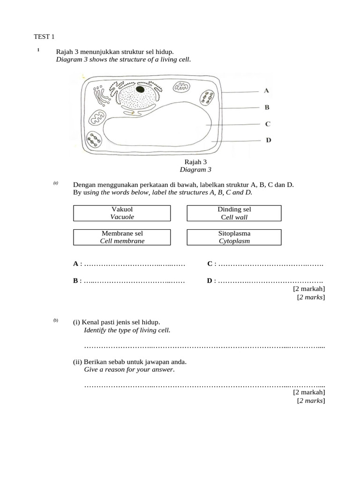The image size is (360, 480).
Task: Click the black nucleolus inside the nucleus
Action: pyautogui.click(x=140, y=89)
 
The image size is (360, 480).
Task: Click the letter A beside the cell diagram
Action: pyautogui.click(x=266, y=90)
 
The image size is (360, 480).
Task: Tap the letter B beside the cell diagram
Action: pyautogui.click(x=267, y=107)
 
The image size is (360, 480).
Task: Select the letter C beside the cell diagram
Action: pyautogui.click(x=267, y=124)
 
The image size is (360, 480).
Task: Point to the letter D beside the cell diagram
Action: pyautogui.click(x=268, y=140)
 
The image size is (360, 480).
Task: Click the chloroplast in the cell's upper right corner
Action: pyautogui.click(x=207, y=98)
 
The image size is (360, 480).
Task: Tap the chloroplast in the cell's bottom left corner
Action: pyautogui.click(x=96, y=140)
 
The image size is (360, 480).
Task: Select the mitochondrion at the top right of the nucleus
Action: pyautogui.click(x=180, y=87)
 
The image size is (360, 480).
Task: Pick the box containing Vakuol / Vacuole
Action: pyautogui.click(x=122, y=213)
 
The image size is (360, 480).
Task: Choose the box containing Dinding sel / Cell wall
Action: pyautogui.click(x=234, y=213)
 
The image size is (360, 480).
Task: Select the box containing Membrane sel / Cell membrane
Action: pyautogui.click(x=122, y=237)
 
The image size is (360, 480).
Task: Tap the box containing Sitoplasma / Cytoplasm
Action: pyautogui.click(x=234, y=237)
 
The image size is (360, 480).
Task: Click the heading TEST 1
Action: pyautogui.click(x=45, y=37)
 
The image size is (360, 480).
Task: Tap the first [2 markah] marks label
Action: pyautogui.click(x=308, y=289)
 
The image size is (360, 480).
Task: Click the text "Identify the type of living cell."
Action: pyautogui.click(x=127, y=330)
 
